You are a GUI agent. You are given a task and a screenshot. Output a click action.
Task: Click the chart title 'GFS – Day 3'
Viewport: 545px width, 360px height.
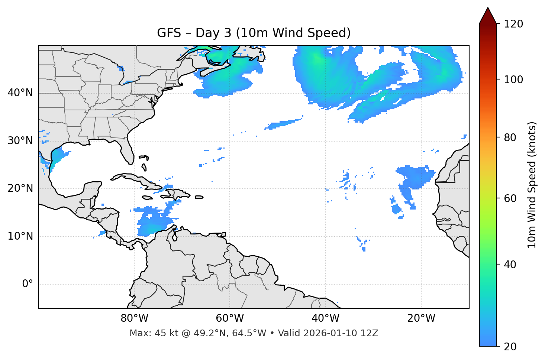coord(254,33)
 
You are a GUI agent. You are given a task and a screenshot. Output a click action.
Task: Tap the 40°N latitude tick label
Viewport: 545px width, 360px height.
coord(20,93)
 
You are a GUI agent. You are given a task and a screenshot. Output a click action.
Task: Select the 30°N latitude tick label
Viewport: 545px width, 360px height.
coord(20,141)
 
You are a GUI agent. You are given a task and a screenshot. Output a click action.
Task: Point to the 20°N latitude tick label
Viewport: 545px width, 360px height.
coord(20,188)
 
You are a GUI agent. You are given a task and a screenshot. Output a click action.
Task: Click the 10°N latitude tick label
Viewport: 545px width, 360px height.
coord(20,236)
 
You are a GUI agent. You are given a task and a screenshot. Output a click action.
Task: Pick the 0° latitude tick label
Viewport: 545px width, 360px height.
coord(28,284)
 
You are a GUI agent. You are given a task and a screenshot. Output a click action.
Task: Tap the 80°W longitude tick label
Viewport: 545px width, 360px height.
coord(134,318)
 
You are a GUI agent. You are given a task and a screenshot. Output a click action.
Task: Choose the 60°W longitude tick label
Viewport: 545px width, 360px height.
coord(230,318)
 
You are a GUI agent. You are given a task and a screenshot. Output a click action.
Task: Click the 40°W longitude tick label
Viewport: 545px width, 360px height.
coord(325,318)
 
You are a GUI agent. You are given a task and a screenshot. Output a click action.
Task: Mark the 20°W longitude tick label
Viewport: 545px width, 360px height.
coord(421,318)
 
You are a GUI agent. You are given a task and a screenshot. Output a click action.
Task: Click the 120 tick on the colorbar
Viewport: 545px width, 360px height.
coord(513,24)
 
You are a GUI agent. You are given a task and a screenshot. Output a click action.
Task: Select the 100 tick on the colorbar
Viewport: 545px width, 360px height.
coord(513,80)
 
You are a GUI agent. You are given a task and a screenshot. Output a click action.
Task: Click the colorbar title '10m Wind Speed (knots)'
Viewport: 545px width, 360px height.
coord(532,185)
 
